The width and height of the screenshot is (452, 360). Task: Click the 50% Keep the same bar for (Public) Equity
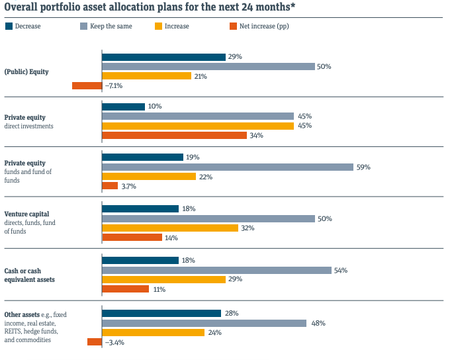pyautogui.click(x=208, y=66)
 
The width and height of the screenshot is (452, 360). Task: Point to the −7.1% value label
pyautogui.click(x=114, y=85)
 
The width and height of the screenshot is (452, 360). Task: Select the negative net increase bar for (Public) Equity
pyautogui.click(x=87, y=85)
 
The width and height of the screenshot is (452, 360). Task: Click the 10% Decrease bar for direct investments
pyautogui.click(x=123, y=107)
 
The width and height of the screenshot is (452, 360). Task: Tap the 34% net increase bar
pyautogui.click(x=174, y=135)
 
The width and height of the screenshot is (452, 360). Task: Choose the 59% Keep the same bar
pyautogui.click(x=228, y=167)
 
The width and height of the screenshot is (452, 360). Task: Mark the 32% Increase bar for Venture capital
pyautogui.click(x=170, y=228)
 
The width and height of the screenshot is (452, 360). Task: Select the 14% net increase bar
pyautogui.click(x=132, y=237)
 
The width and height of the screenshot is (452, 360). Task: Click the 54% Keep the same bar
pyautogui.click(x=216, y=270)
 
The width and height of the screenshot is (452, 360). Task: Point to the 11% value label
pyautogui.click(x=159, y=289)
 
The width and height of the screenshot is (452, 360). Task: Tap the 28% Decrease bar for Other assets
pyautogui.click(x=161, y=313)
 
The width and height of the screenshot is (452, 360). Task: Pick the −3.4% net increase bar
pyautogui.click(x=95, y=342)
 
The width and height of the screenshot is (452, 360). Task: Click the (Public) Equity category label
pyautogui.click(x=26, y=71)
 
